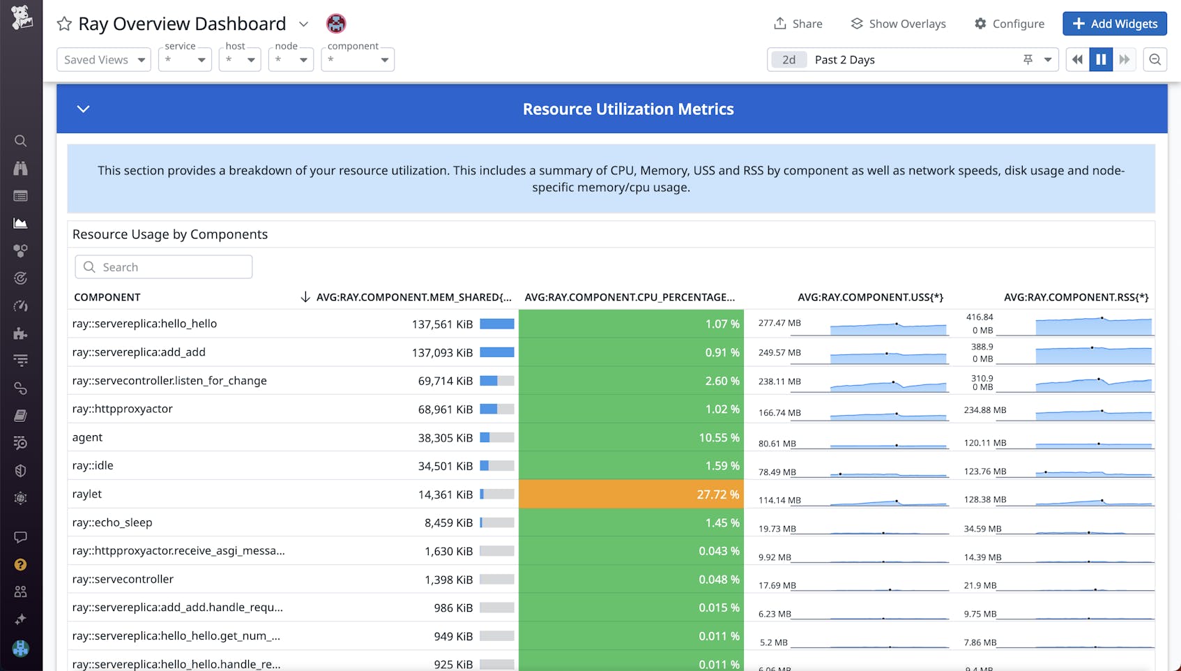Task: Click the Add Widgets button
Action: click(1114, 24)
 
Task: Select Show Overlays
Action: click(898, 24)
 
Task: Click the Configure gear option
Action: click(1009, 24)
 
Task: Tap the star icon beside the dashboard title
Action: click(64, 24)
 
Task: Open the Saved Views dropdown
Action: click(104, 60)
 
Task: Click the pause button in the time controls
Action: click(1101, 60)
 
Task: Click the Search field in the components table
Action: click(164, 267)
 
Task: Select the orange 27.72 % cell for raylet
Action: click(631, 494)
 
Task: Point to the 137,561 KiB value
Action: click(442, 324)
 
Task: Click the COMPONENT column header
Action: click(107, 297)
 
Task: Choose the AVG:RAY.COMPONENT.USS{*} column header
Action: click(870, 297)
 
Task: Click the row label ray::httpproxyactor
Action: click(123, 409)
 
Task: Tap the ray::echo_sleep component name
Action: click(112, 522)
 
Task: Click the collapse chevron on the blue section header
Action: click(83, 109)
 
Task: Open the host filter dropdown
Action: click(239, 60)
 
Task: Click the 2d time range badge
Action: click(788, 60)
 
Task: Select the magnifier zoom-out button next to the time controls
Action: click(1155, 60)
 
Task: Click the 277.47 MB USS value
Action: click(779, 323)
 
